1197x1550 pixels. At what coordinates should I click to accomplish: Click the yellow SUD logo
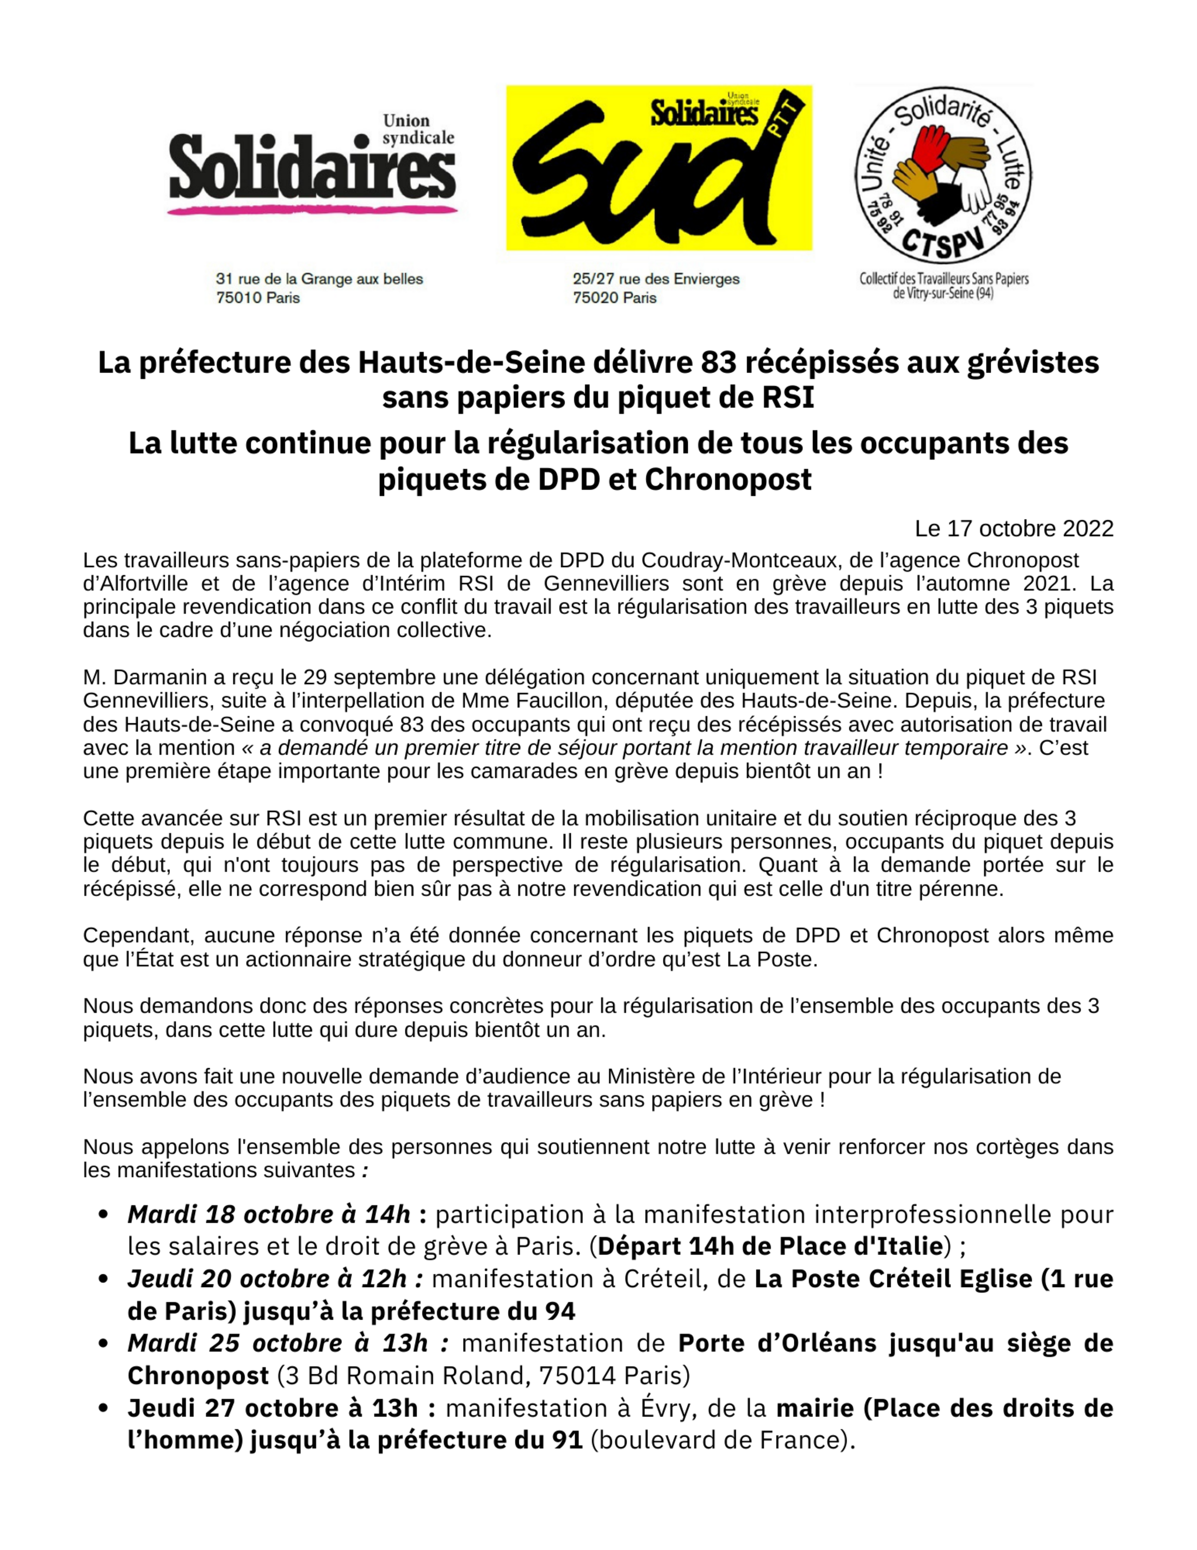658,168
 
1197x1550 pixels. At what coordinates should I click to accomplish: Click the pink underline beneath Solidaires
312,210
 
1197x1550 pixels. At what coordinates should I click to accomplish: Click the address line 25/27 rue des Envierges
656,279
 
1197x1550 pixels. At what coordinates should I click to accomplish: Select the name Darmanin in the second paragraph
152,677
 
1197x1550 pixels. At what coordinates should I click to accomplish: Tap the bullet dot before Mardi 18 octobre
103,1214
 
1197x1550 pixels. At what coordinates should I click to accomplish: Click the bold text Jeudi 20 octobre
231,1279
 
